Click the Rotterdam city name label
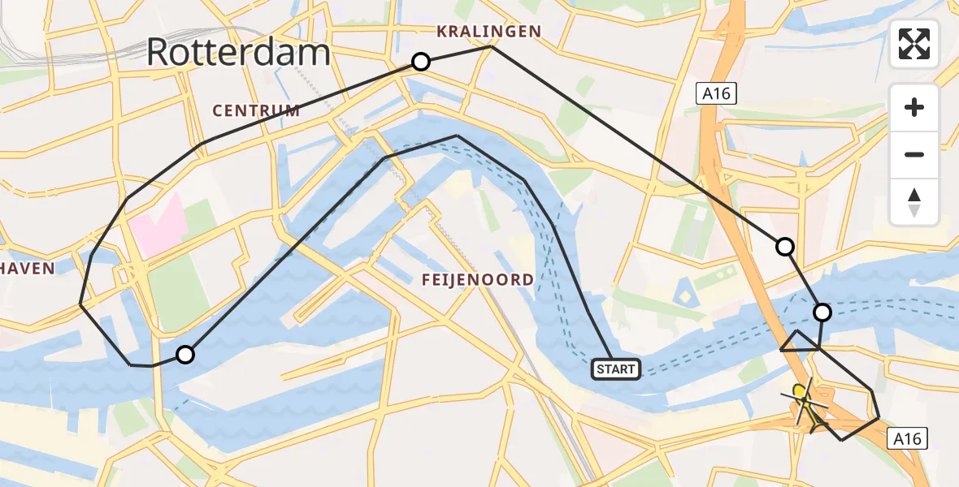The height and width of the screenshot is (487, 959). pos(238,53)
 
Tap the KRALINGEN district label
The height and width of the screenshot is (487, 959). pos(488,32)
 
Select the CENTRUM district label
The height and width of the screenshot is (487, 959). pos(256,110)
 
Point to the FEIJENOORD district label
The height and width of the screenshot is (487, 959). pos(478,280)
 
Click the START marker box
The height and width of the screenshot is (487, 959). pos(616,369)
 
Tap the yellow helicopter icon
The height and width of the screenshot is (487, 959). pos(805,403)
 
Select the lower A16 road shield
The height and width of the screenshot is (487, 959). pos(906,439)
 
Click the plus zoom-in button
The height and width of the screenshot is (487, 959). pos(914,107)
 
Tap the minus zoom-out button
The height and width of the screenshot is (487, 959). pos(914,154)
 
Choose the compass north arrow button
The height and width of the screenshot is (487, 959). pos(914,202)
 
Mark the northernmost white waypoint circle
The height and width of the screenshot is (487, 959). pos(421,62)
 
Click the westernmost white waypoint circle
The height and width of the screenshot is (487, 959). pos(185,354)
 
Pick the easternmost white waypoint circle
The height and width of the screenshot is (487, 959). pos(822,312)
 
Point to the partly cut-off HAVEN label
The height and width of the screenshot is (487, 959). pos(27,269)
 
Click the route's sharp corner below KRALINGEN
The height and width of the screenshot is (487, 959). pos(493,47)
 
